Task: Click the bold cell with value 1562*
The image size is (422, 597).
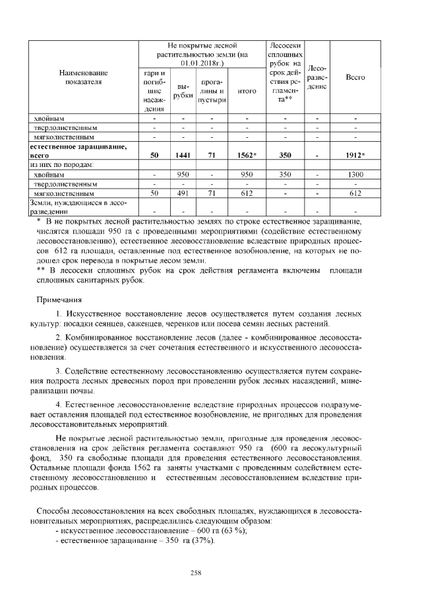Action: [x=246, y=155]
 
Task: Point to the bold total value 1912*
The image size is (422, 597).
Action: [x=355, y=155]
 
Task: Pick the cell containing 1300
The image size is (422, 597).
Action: [x=355, y=174]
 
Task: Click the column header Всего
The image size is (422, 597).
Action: [x=355, y=77]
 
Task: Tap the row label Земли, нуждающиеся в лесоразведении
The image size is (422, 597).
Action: [x=73, y=207]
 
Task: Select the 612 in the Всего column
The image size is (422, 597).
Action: [x=355, y=193]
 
